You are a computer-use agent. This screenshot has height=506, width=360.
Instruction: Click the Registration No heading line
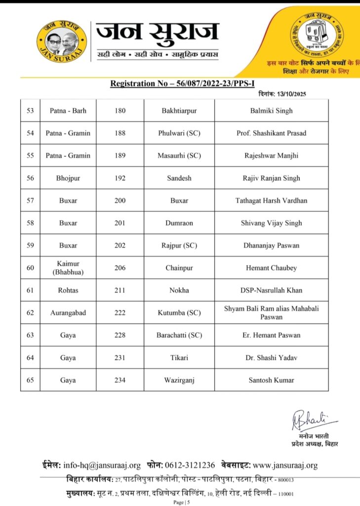click(186, 84)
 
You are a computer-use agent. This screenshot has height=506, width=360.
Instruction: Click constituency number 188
click(120, 133)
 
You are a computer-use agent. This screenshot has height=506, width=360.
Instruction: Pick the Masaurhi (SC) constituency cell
click(179, 156)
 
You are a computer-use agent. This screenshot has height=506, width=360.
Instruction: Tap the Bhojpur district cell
click(68, 178)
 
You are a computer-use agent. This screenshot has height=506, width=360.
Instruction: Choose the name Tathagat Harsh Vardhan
click(271, 201)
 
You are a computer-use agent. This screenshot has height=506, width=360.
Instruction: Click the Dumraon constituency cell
click(179, 223)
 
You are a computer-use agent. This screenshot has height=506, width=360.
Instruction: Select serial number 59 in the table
click(30, 245)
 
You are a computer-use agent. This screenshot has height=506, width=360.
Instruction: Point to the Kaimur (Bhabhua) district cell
click(68, 268)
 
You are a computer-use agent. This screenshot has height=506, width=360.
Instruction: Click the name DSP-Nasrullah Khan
click(271, 290)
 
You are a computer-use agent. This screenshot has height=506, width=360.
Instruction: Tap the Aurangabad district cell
click(68, 313)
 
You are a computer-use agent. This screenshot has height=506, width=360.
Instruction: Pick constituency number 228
click(120, 335)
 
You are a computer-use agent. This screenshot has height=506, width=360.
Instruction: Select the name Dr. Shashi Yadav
click(271, 357)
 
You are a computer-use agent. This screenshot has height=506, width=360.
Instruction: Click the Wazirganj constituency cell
click(179, 380)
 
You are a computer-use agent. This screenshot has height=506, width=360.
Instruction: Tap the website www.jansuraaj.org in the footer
click(285, 465)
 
